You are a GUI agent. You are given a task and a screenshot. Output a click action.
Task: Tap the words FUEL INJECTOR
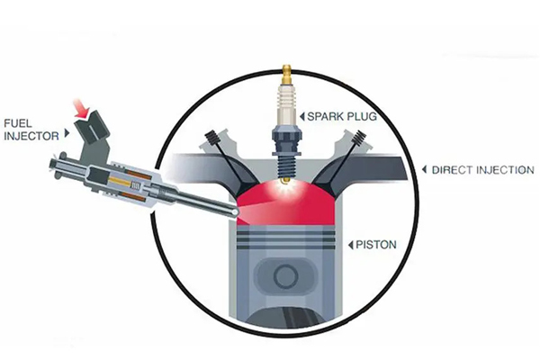[31, 130]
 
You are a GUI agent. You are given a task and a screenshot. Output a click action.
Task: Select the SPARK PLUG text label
[342, 116]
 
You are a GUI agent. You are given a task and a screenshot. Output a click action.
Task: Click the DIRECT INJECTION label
[482, 170]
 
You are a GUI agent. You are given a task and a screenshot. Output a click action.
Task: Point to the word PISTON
[376, 245]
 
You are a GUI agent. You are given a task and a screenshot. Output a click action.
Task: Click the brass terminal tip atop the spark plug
[286, 74]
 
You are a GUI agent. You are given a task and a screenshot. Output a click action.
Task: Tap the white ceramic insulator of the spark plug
[286, 105]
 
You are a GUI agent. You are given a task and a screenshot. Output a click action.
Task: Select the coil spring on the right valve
[359, 139]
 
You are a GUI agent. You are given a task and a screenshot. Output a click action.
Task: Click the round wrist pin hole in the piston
[286, 275]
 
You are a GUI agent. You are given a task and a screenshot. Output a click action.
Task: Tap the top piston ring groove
[286, 233]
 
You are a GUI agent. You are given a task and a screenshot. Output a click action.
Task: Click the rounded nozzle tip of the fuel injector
[235, 211]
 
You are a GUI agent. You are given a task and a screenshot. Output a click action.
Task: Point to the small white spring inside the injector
[136, 186]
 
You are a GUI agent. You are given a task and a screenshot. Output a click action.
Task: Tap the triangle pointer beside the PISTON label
[351, 245]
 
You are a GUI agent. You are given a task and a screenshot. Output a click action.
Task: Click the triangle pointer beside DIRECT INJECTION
[424, 169]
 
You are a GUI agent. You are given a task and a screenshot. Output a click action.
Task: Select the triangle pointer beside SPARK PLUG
[302, 116]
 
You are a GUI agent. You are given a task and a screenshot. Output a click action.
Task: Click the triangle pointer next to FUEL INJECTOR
[67, 132]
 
